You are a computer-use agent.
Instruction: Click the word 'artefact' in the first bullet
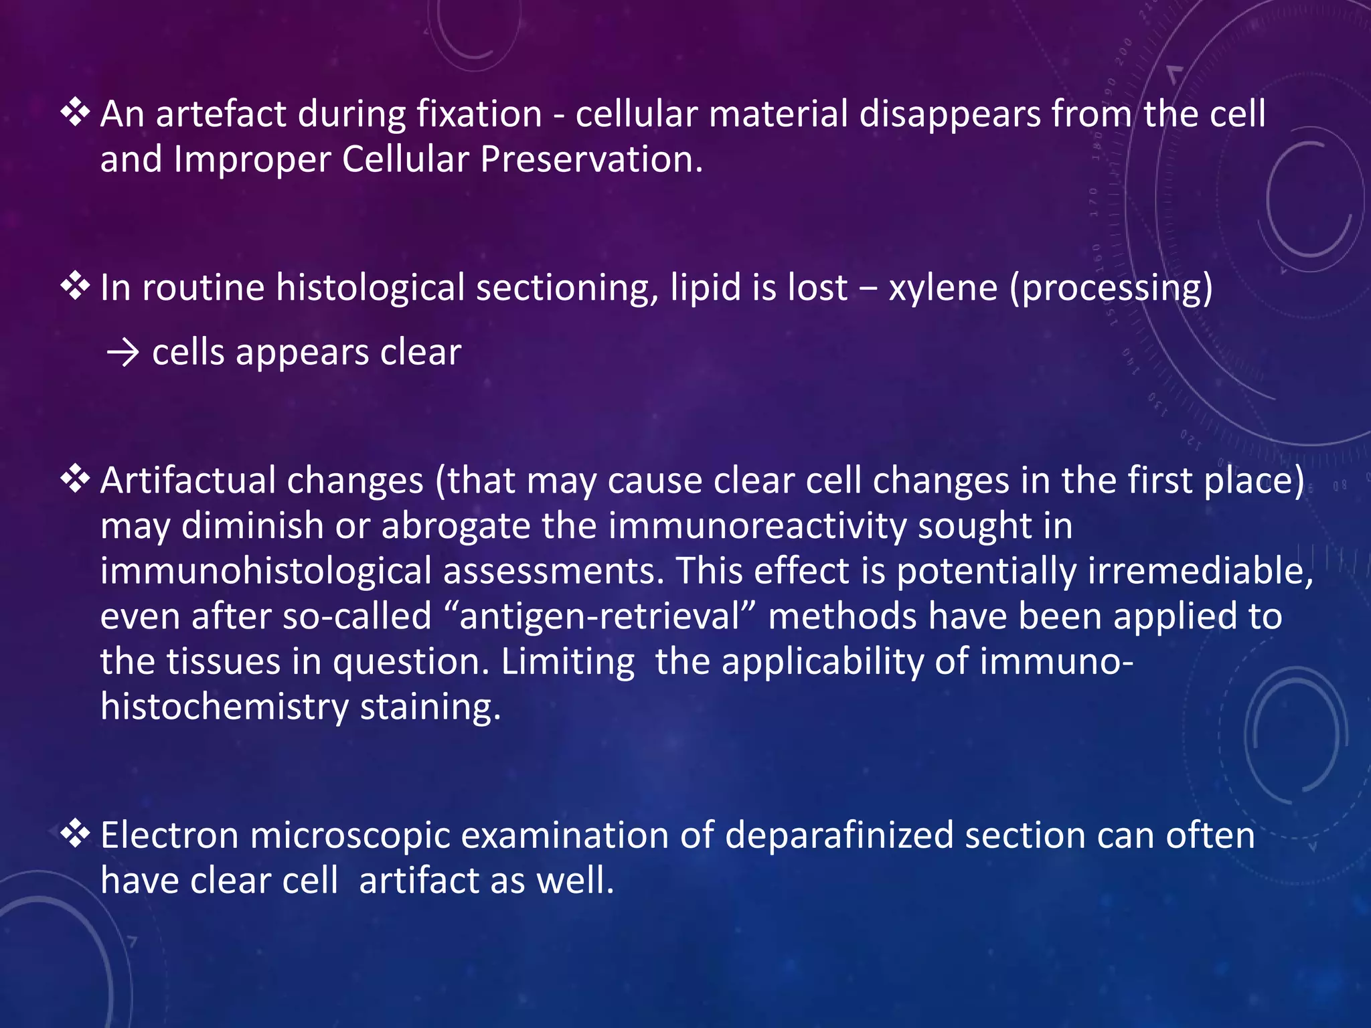(x=220, y=114)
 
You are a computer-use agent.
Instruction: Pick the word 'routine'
(x=204, y=288)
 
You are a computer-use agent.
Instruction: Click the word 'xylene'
(x=943, y=289)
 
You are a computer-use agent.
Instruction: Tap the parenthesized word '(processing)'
(x=1111, y=289)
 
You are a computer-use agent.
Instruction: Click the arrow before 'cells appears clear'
(x=123, y=353)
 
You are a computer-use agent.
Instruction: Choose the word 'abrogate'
(x=455, y=526)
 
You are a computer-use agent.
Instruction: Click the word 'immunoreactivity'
(x=757, y=526)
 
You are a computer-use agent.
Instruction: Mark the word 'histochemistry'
(x=224, y=707)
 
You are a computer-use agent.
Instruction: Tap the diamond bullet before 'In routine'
(x=75, y=286)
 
